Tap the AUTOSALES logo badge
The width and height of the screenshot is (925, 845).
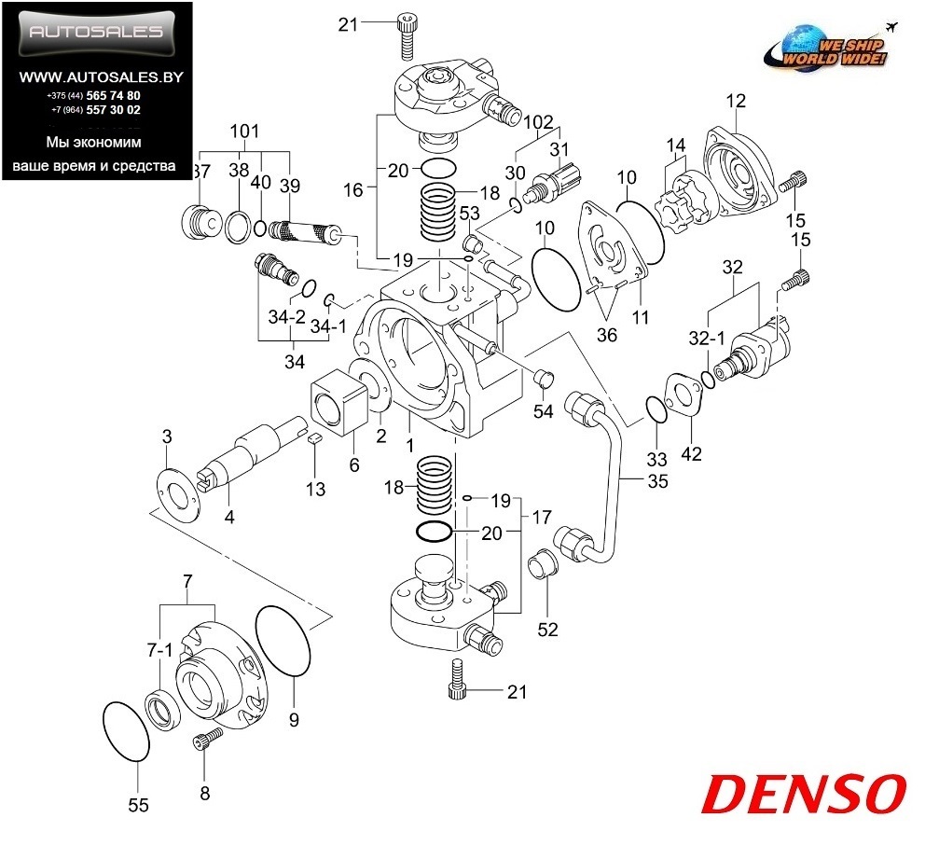point(97,33)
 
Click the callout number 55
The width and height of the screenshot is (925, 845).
point(138,806)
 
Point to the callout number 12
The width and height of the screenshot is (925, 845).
point(737,100)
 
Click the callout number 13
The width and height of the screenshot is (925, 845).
point(316,489)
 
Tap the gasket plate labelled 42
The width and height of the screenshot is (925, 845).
point(683,395)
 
